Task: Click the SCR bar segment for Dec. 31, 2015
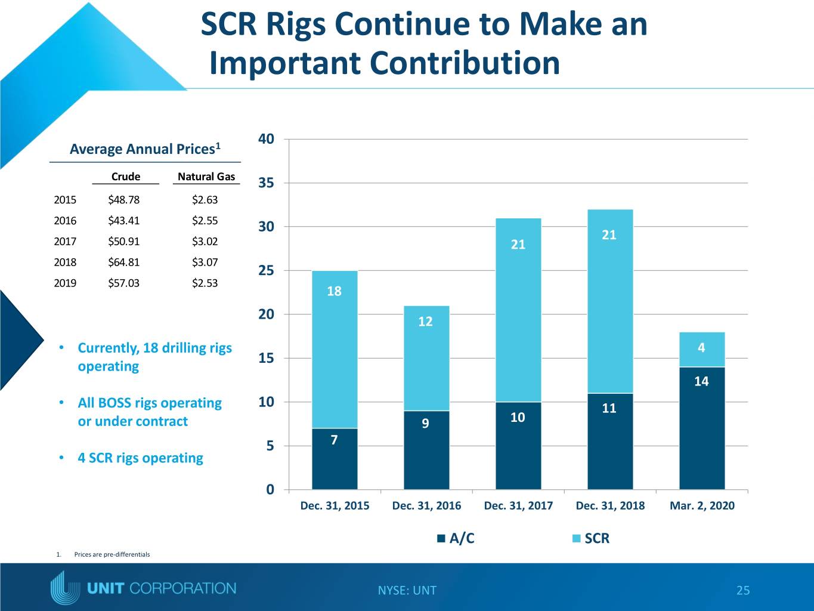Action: pos(335,350)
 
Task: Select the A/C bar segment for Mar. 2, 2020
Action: pos(702,428)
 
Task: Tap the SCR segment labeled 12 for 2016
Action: pos(426,358)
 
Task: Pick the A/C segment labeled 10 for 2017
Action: pos(518,446)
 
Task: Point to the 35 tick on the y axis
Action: pos(267,183)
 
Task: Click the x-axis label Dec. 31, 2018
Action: pos(610,505)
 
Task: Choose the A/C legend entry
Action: pos(456,538)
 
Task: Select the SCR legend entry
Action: pos(591,538)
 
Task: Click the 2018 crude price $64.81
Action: pos(124,263)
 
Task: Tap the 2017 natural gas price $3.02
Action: pos(205,242)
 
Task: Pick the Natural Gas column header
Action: pos(206,177)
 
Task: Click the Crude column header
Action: pos(126,177)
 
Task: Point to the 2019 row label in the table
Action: pos(65,283)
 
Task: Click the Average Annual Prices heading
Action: pos(145,149)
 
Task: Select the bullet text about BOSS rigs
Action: pos(150,412)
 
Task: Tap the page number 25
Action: pos(743,590)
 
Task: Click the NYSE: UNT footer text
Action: pos(407,590)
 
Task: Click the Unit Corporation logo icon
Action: pos(65,588)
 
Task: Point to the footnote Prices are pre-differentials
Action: pos(112,554)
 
